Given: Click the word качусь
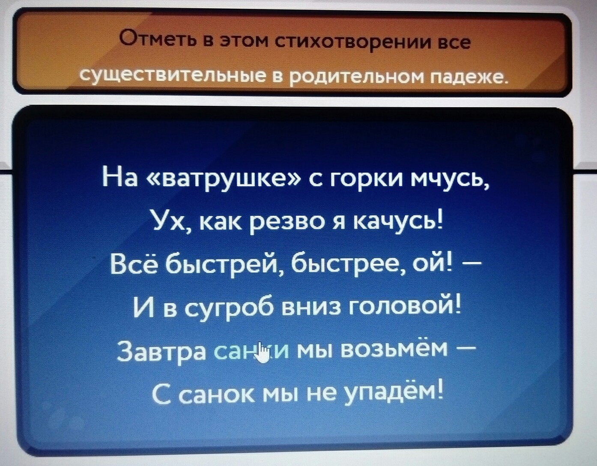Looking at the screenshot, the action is click(396, 226).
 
